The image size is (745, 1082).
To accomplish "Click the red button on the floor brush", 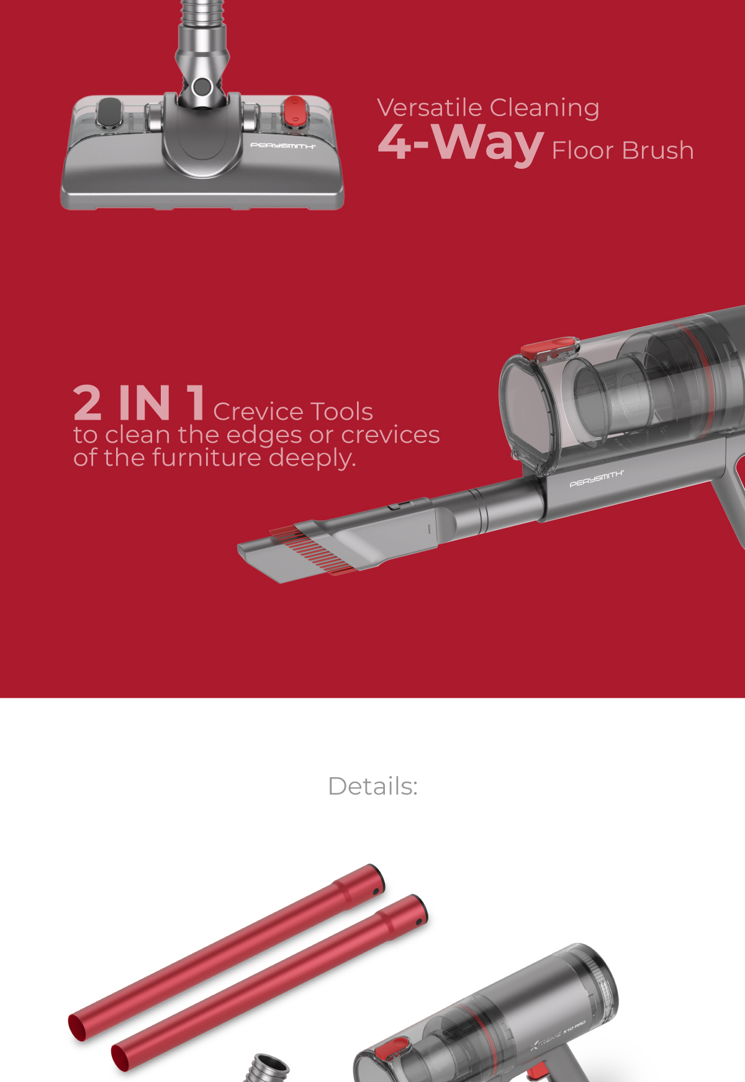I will click(294, 112).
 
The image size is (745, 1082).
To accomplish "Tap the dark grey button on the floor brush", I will click(109, 113).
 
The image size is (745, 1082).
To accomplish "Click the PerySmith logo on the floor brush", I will click(282, 146).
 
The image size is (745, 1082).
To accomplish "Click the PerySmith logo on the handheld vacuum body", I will click(596, 479).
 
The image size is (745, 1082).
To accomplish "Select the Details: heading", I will click(372, 786).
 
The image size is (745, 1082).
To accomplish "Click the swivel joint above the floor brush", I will click(201, 87).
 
